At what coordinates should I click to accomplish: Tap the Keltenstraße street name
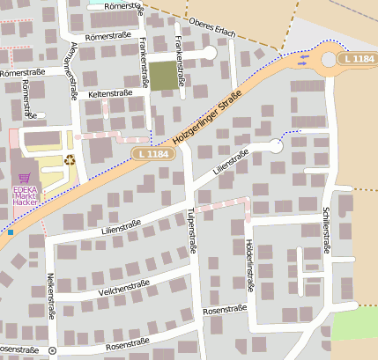point(110,92)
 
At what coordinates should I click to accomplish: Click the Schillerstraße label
point(326,230)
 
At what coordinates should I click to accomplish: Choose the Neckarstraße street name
point(51,300)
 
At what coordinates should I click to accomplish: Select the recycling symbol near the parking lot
point(70,160)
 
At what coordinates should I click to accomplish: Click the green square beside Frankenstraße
point(161,76)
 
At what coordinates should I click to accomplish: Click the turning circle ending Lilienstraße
point(276,147)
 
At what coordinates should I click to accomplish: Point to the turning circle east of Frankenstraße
point(209,54)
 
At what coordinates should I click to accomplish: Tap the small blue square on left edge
point(11,232)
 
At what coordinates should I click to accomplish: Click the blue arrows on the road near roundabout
point(303,59)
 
